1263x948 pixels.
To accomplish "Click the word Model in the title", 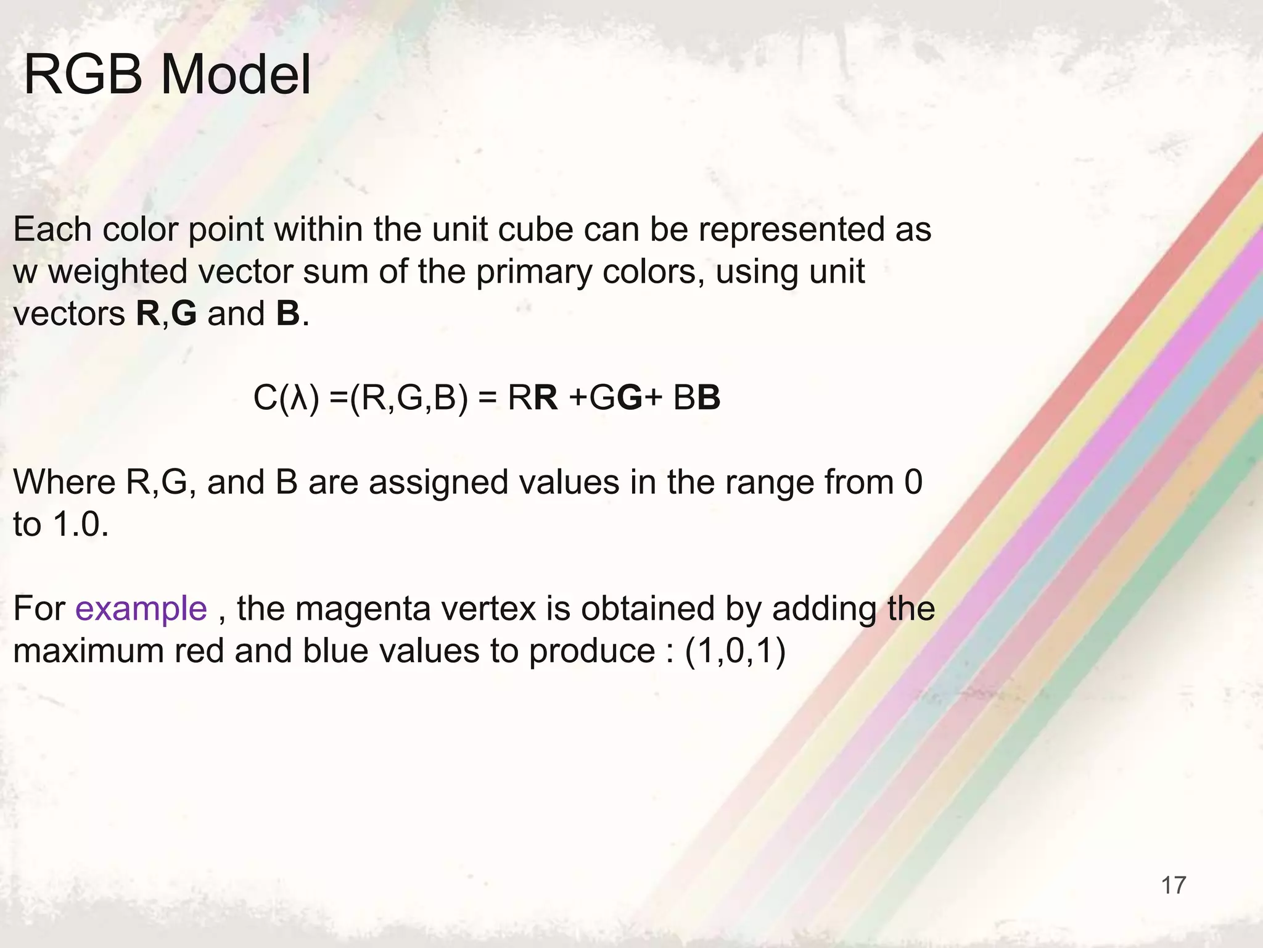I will (236, 75).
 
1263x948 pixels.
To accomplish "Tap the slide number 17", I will (1173, 885).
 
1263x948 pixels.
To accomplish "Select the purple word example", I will (141, 609).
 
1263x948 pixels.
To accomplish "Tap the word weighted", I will (118, 272).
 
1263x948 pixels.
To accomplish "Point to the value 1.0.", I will (81, 525).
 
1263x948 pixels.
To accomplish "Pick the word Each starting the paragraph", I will (52, 230).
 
